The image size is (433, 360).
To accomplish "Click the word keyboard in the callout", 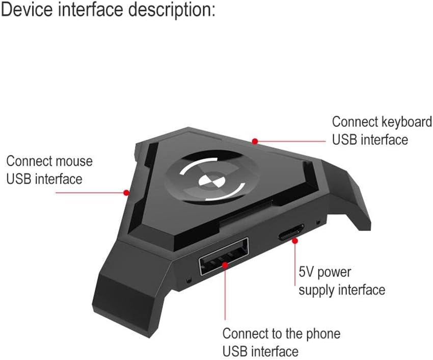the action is (407, 122).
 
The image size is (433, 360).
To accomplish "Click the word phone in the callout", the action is (322, 334).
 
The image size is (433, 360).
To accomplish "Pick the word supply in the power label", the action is (316, 290).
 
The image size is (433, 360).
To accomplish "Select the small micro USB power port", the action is (291, 235).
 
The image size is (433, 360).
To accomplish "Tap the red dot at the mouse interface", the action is (126, 193).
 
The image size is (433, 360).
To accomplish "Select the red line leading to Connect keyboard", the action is (290, 141).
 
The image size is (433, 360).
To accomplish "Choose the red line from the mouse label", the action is (89, 193).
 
